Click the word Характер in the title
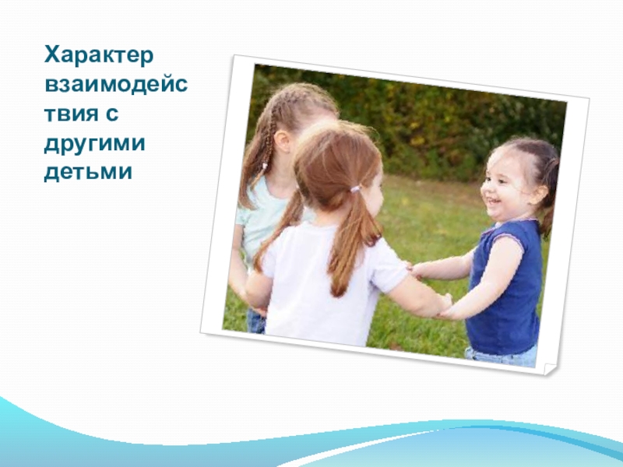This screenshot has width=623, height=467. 100,55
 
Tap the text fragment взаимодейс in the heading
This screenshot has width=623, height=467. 114,83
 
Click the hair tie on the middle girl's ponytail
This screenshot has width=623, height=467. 355,188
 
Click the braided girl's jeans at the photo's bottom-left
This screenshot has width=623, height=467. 255,321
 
